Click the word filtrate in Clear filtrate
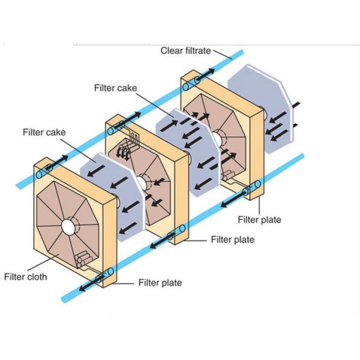(x=197, y=51)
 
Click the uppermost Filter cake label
(x=116, y=88)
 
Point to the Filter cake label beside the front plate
(x=44, y=132)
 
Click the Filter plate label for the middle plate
(x=232, y=239)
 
